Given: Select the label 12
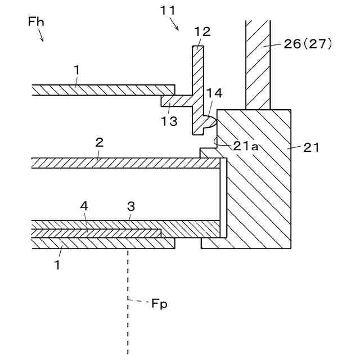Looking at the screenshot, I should pyautogui.click(x=202, y=32).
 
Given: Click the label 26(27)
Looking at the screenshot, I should pyautogui.click(x=309, y=43).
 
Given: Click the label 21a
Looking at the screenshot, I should pyautogui.click(x=246, y=146).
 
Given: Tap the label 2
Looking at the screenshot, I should pyautogui.click(x=99, y=143).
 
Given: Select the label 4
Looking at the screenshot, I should pyautogui.click(x=84, y=206).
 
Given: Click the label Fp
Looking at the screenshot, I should pyautogui.click(x=159, y=304).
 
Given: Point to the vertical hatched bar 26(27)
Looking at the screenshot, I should pyautogui.click(x=258, y=65).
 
